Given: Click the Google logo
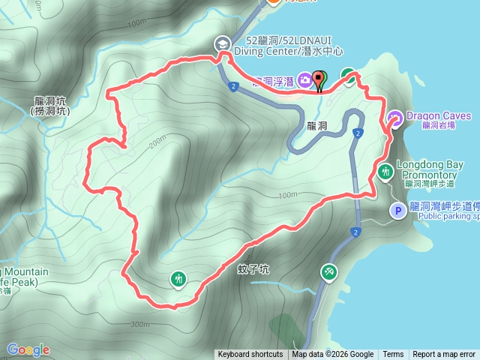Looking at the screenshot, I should [28, 349].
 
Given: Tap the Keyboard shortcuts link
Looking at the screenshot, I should [250, 355].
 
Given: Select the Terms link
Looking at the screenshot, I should [393, 355].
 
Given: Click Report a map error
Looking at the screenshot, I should [444, 355].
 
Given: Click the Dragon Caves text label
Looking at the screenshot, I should [439, 116].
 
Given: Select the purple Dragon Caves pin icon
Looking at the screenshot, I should [395, 118].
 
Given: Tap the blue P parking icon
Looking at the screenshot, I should [396, 211].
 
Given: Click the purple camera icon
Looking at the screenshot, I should [305, 79].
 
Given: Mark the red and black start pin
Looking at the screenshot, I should [319, 79].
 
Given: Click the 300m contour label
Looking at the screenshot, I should [140, 324].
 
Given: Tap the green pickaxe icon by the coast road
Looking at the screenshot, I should [329, 272].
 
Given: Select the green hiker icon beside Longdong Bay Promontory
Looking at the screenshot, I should [385, 171].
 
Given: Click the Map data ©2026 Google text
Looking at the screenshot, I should [333, 355].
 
